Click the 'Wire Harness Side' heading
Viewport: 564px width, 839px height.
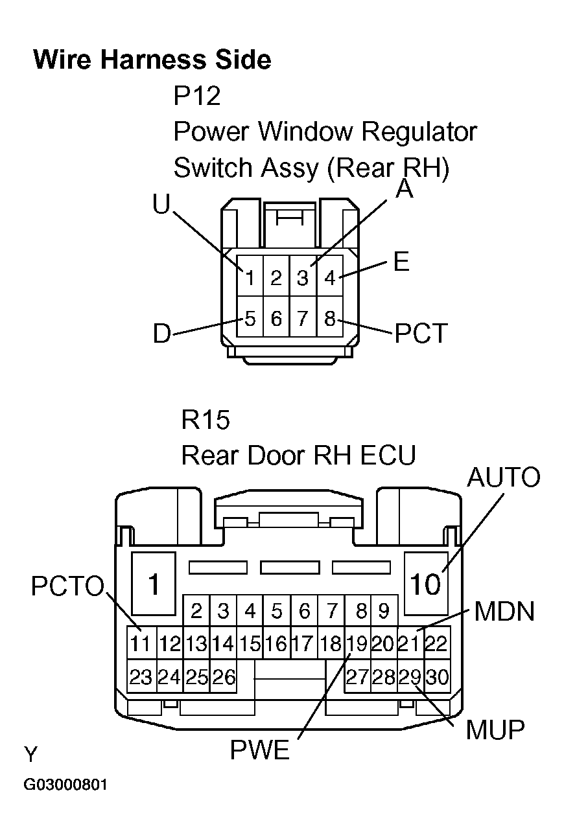pos(152,60)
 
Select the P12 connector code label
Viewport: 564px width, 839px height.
pos(197,97)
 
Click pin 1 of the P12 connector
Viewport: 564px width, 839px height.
pos(250,278)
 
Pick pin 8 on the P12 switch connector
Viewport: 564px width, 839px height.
pos(330,318)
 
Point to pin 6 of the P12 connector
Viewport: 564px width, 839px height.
pos(277,318)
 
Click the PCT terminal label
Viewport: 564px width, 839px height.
pos(421,334)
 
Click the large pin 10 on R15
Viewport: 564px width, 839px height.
pos(425,584)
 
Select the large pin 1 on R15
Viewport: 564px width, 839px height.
pos(154,584)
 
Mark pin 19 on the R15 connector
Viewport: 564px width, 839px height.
pos(356,643)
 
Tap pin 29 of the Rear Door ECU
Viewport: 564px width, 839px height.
pos(410,677)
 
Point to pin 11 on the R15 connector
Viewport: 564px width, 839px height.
pos(140,643)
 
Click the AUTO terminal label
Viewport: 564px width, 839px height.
pos(503,477)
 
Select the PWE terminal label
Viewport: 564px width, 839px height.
pos(259,750)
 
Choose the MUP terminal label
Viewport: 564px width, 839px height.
pos(495,730)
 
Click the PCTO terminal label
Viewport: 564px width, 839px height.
pos(67,587)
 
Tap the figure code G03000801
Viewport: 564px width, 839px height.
pos(65,785)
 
